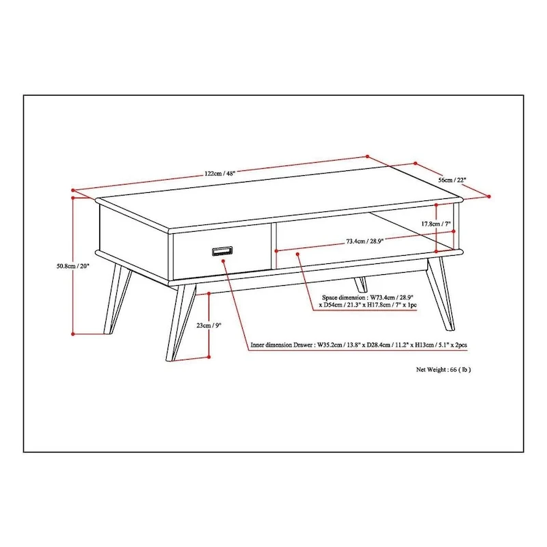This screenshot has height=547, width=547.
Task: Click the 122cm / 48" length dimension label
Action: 219,174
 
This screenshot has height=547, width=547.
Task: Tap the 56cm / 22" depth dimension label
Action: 452,180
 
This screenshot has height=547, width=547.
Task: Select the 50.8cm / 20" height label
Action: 73,266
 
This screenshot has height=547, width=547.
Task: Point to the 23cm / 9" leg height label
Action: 209,325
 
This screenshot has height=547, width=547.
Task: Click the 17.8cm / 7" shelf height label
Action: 436,224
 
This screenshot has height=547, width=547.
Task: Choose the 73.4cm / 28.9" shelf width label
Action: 364,241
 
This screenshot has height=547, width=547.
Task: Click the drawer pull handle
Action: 222,251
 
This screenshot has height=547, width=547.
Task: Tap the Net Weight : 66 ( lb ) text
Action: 443,369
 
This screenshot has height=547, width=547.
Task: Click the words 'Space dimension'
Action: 344,297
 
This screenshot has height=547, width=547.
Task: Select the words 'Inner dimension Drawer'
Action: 282,345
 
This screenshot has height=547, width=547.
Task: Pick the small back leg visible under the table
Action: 361,284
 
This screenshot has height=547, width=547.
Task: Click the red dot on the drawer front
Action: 224,260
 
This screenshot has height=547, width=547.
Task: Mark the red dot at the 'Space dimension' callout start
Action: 297,254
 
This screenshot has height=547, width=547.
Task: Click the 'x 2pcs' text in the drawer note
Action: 458,345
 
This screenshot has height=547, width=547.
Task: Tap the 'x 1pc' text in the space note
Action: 410,305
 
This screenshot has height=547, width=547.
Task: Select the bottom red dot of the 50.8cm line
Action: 73,334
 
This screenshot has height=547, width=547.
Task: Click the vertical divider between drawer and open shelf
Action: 274,246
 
